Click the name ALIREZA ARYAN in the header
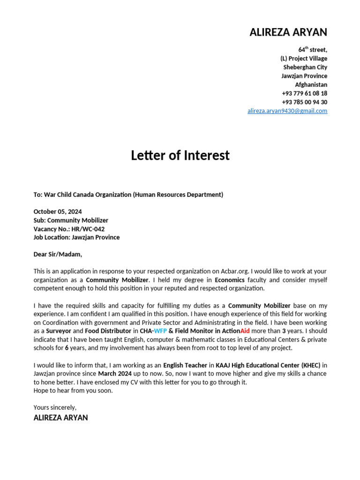(288, 32)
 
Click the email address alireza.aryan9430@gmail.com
(287, 111)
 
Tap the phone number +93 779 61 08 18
(304, 93)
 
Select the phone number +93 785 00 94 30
(304, 102)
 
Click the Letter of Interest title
(180, 155)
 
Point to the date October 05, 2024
(58, 212)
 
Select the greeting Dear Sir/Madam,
(58, 255)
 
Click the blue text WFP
(160, 331)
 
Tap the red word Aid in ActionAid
(245, 331)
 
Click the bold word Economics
(230, 280)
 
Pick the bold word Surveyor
(59, 331)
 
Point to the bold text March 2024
(114, 374)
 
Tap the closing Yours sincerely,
(55, 407)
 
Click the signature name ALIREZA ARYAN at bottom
(60, 418)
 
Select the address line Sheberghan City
(305, 67)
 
